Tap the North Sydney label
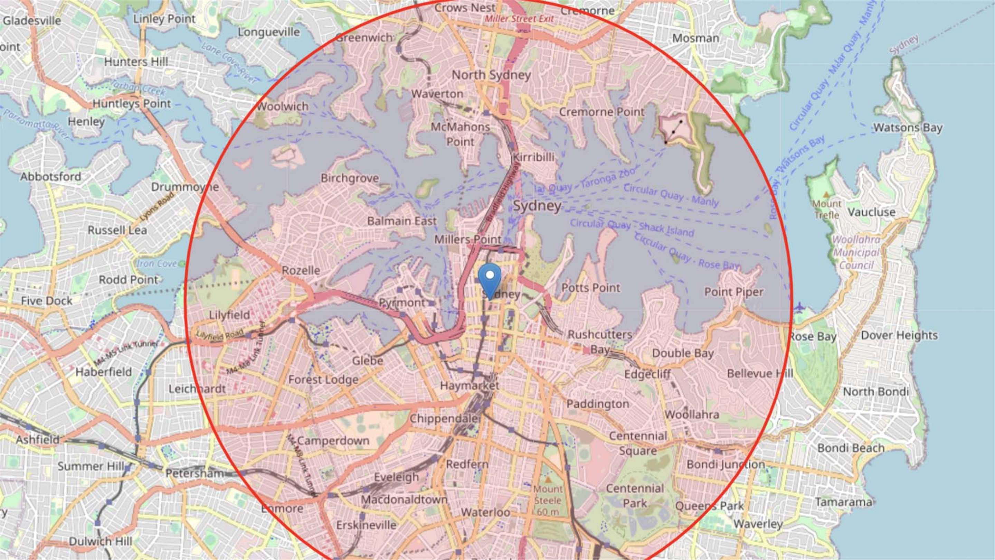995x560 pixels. click(x=491, y=75)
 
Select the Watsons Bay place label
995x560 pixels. click(x=908, y=128)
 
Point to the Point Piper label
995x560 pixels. click(x=733, y=292)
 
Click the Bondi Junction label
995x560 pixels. click(x=726, y=464)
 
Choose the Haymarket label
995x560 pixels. click(x=469, y=385)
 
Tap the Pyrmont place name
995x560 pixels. click(x=401, y=302)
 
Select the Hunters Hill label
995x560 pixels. click(x=136, y=62)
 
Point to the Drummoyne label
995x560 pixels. click(x=184, y=187)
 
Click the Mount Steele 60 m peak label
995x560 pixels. click(x=548, y=500)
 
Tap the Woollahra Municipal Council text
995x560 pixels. click(x=856, y=252)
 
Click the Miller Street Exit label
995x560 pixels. click(x=519, y=19)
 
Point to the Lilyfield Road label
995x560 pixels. click(x=220, y=335)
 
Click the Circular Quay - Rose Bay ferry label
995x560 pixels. click(x=687, y=252)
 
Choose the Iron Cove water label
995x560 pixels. click(x=157, y=263)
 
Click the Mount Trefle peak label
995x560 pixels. click(x=827, y=209)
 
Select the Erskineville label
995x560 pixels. click(x=366, y=525)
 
